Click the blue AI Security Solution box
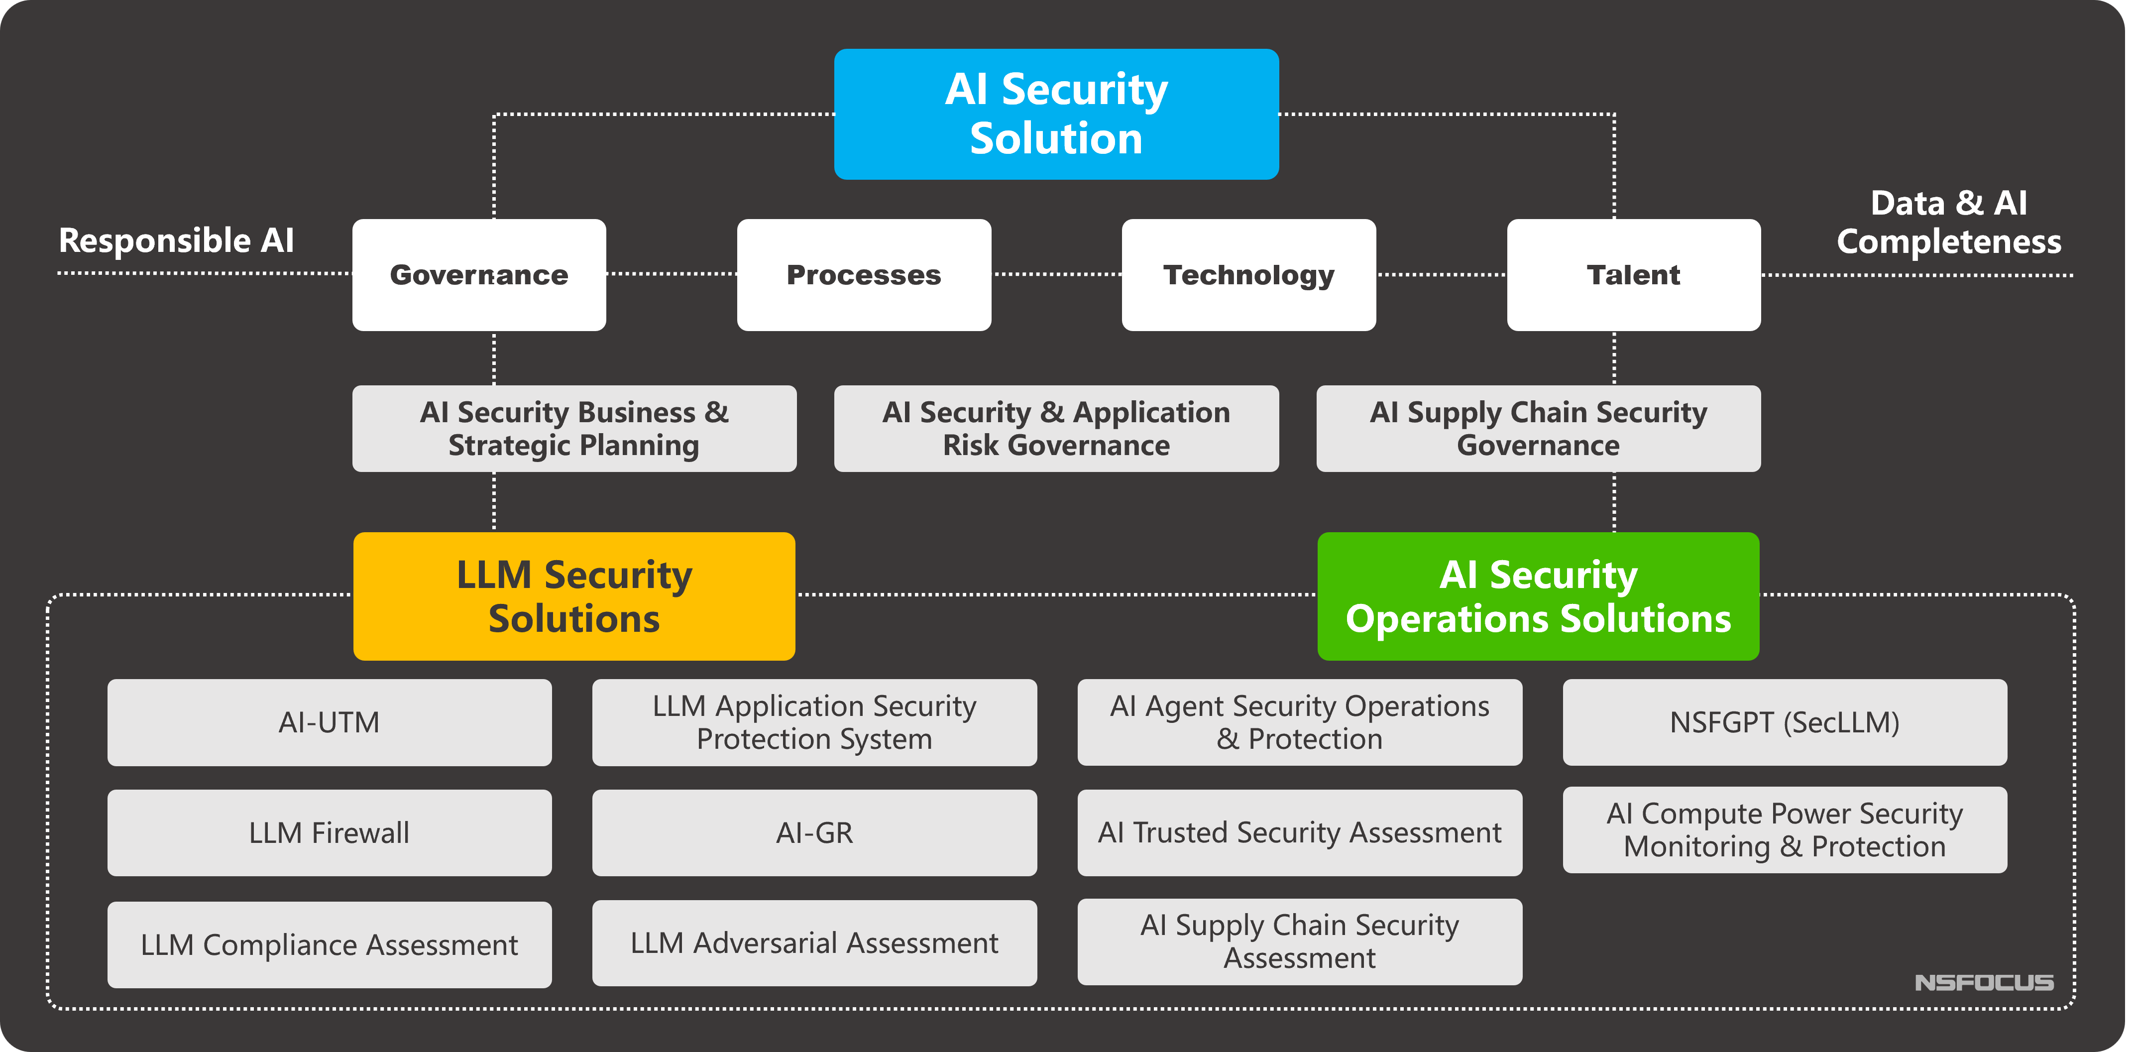point(1056,114)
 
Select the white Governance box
point(479,274)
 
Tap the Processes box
point(864,274)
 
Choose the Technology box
point(1248,274)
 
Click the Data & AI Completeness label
point(1948,222)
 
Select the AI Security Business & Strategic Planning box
point(574,429)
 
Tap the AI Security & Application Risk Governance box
point(1056,429)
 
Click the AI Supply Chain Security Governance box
point(1538,429)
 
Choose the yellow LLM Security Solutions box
point(574,596)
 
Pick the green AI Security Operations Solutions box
point(1538,596)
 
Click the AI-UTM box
point(329,722)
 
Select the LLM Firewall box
point(329,832)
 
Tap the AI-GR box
point(814,832)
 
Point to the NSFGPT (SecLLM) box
point(1785,722)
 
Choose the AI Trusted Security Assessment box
point(1300,832)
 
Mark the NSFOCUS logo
point(1984,982)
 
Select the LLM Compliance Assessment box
point(329,944)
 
